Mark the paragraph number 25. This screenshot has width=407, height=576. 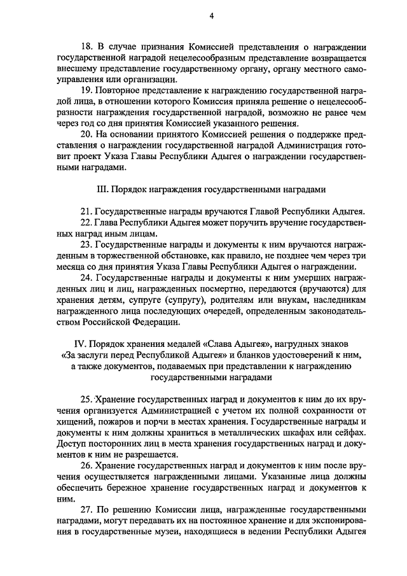86,399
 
